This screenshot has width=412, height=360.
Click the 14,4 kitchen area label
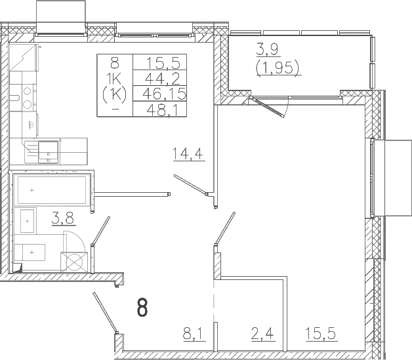click(188, 154)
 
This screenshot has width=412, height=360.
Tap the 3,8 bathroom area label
click(64, 218)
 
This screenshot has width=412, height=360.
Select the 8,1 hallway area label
click(194, 334)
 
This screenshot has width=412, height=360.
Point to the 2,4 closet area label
click(263, 334)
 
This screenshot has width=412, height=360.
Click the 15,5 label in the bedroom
click(321, 334)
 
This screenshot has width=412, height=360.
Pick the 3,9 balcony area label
click(268, 49)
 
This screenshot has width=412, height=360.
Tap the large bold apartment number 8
click(142, 308)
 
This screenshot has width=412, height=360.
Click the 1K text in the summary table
click(115, 78)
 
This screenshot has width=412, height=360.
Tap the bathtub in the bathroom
click(52, 190)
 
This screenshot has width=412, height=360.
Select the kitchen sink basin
click(49, 152)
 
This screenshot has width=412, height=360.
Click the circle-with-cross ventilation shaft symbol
click(74, 262)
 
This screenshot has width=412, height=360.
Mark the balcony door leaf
click(267, 107)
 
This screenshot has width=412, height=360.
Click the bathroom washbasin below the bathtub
click(28, 221)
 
